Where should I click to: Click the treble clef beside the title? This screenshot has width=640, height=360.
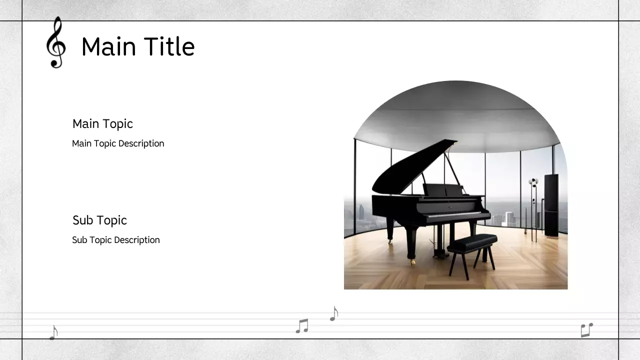tap(55, 42)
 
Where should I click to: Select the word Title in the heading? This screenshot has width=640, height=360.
tap(168, 47)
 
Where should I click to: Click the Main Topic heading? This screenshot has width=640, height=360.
tap(102, 124)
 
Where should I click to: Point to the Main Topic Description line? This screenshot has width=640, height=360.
tap(118, 143)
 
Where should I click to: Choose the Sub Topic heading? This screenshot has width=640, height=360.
tap(99, 220)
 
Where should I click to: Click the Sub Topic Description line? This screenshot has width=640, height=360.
tap(116, 240)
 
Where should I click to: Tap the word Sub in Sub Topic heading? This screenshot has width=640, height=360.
tap(82, 220)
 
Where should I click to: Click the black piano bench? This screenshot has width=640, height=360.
tap(472, 244)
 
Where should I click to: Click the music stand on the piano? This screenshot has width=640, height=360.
tap(443, 190)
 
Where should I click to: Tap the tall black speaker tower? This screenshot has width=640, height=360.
tap(551, 205)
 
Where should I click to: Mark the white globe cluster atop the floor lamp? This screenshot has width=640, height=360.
tap(533, 182)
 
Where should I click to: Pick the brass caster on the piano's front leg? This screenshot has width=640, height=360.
tap(413, 261)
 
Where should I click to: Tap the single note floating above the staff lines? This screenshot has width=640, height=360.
tap(334, 313)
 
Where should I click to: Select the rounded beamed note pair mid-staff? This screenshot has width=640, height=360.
tap(302, 326)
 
